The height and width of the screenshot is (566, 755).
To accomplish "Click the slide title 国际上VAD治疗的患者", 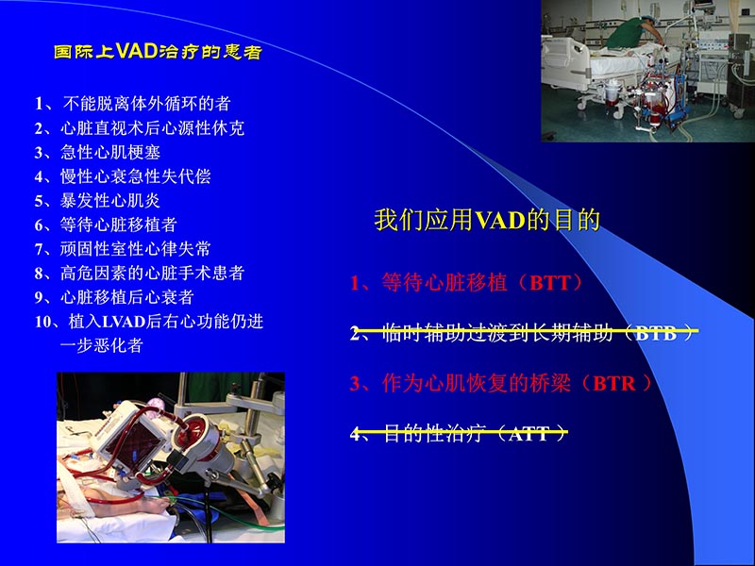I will [x=158, y=52].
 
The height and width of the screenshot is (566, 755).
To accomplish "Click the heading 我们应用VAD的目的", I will [x=487, y=221].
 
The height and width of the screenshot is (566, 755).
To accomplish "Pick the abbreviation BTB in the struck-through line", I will [x=656, y=333].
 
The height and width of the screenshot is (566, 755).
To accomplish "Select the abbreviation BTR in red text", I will [x=618, y=384].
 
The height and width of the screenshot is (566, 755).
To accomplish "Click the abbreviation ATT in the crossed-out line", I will [x=530, y=434].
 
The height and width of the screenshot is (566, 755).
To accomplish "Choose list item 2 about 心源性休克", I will [x=146, y=127].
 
